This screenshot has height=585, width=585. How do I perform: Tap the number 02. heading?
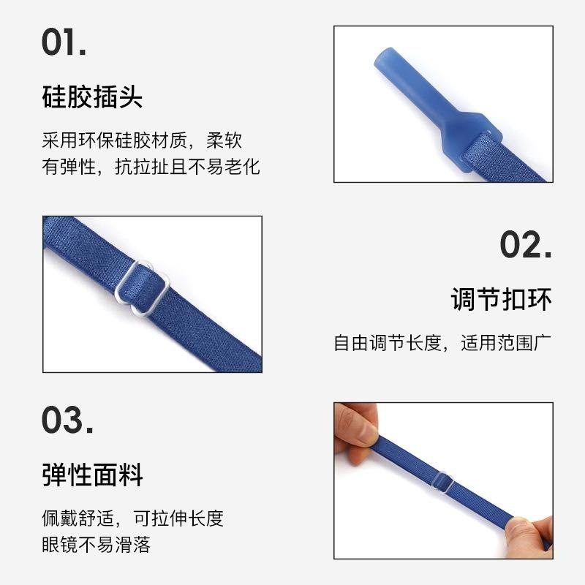pos(525,245)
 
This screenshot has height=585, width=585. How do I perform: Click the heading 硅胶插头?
pos(92,97)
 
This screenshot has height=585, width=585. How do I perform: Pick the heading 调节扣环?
pos(501,300)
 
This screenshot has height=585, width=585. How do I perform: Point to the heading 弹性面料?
pos(92,475)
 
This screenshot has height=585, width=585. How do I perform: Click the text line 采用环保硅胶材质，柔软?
pos(142,140)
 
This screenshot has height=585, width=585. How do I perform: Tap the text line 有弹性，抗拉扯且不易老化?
pos(151,167)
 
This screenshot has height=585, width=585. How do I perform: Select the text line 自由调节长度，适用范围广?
pos(442,343)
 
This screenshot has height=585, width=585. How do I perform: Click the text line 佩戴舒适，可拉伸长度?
pos(132,518)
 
